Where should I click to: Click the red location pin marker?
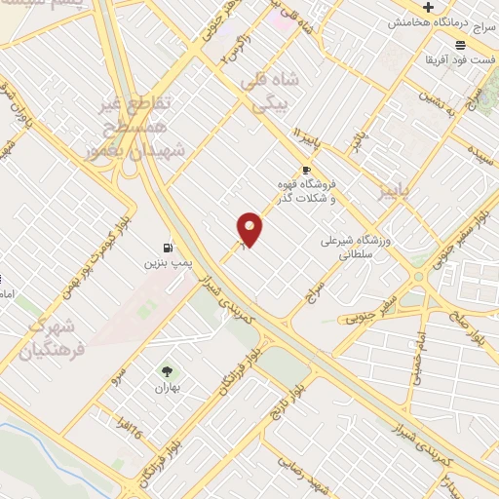coord(249,229)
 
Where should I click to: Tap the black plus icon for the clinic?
coord(428,8)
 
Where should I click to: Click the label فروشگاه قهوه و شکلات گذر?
coord(307,191)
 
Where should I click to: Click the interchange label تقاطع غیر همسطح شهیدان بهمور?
coord(145,127)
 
